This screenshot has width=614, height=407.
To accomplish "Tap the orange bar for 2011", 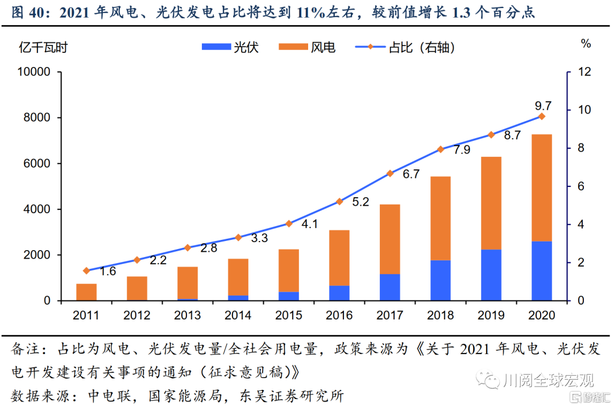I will click(86, 292).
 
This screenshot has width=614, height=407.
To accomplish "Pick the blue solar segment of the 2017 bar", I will click(390, 287).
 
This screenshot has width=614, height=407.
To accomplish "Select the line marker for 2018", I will click(441, 149).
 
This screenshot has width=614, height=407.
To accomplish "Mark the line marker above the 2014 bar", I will click(238, 237).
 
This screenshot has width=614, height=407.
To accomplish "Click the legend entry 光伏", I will click(230, 47).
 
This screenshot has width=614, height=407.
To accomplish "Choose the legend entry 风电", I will click(308, 47).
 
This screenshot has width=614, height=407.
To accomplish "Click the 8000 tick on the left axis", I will click(38, 118).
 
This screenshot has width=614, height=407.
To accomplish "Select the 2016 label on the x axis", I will click(339, 315).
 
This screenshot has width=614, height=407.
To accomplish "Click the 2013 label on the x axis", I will click(188, 315).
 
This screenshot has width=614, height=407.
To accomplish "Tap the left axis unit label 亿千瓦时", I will click(43, 47).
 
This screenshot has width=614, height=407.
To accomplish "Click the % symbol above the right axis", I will click(586, 44).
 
